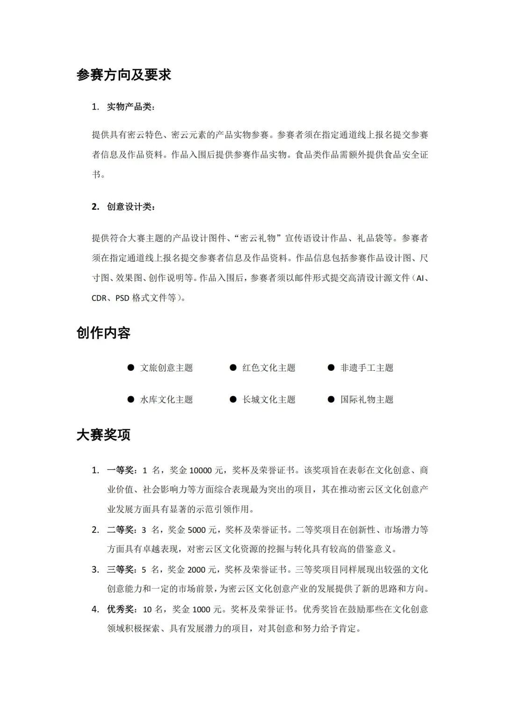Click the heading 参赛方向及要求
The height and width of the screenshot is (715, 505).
tap(124, 74)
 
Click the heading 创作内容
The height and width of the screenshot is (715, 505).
tap(103, 333)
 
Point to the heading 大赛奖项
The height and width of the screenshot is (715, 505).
tap(103, 435)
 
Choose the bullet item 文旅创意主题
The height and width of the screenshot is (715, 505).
tap(166, 368)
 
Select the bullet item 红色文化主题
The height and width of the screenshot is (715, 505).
tap(269, 368)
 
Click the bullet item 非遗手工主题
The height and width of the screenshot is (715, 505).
tap(367, 368)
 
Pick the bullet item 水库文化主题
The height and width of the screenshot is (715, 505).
tap(166, 399)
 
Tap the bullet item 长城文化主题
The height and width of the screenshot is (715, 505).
tap(269, 399)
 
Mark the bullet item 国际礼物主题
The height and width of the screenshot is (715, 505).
tap(367, 399)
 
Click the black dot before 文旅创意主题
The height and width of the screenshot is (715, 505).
tap(131, 368)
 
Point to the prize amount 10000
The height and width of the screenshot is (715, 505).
tap(201, 470)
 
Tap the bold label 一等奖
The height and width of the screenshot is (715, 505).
tap(121, 470)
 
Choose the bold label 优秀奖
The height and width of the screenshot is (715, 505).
tap(121, 610)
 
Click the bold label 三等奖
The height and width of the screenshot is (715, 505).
tap(121, 570)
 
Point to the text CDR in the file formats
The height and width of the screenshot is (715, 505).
tap(99, 298)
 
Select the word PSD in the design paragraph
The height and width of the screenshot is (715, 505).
tap(122, 298)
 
